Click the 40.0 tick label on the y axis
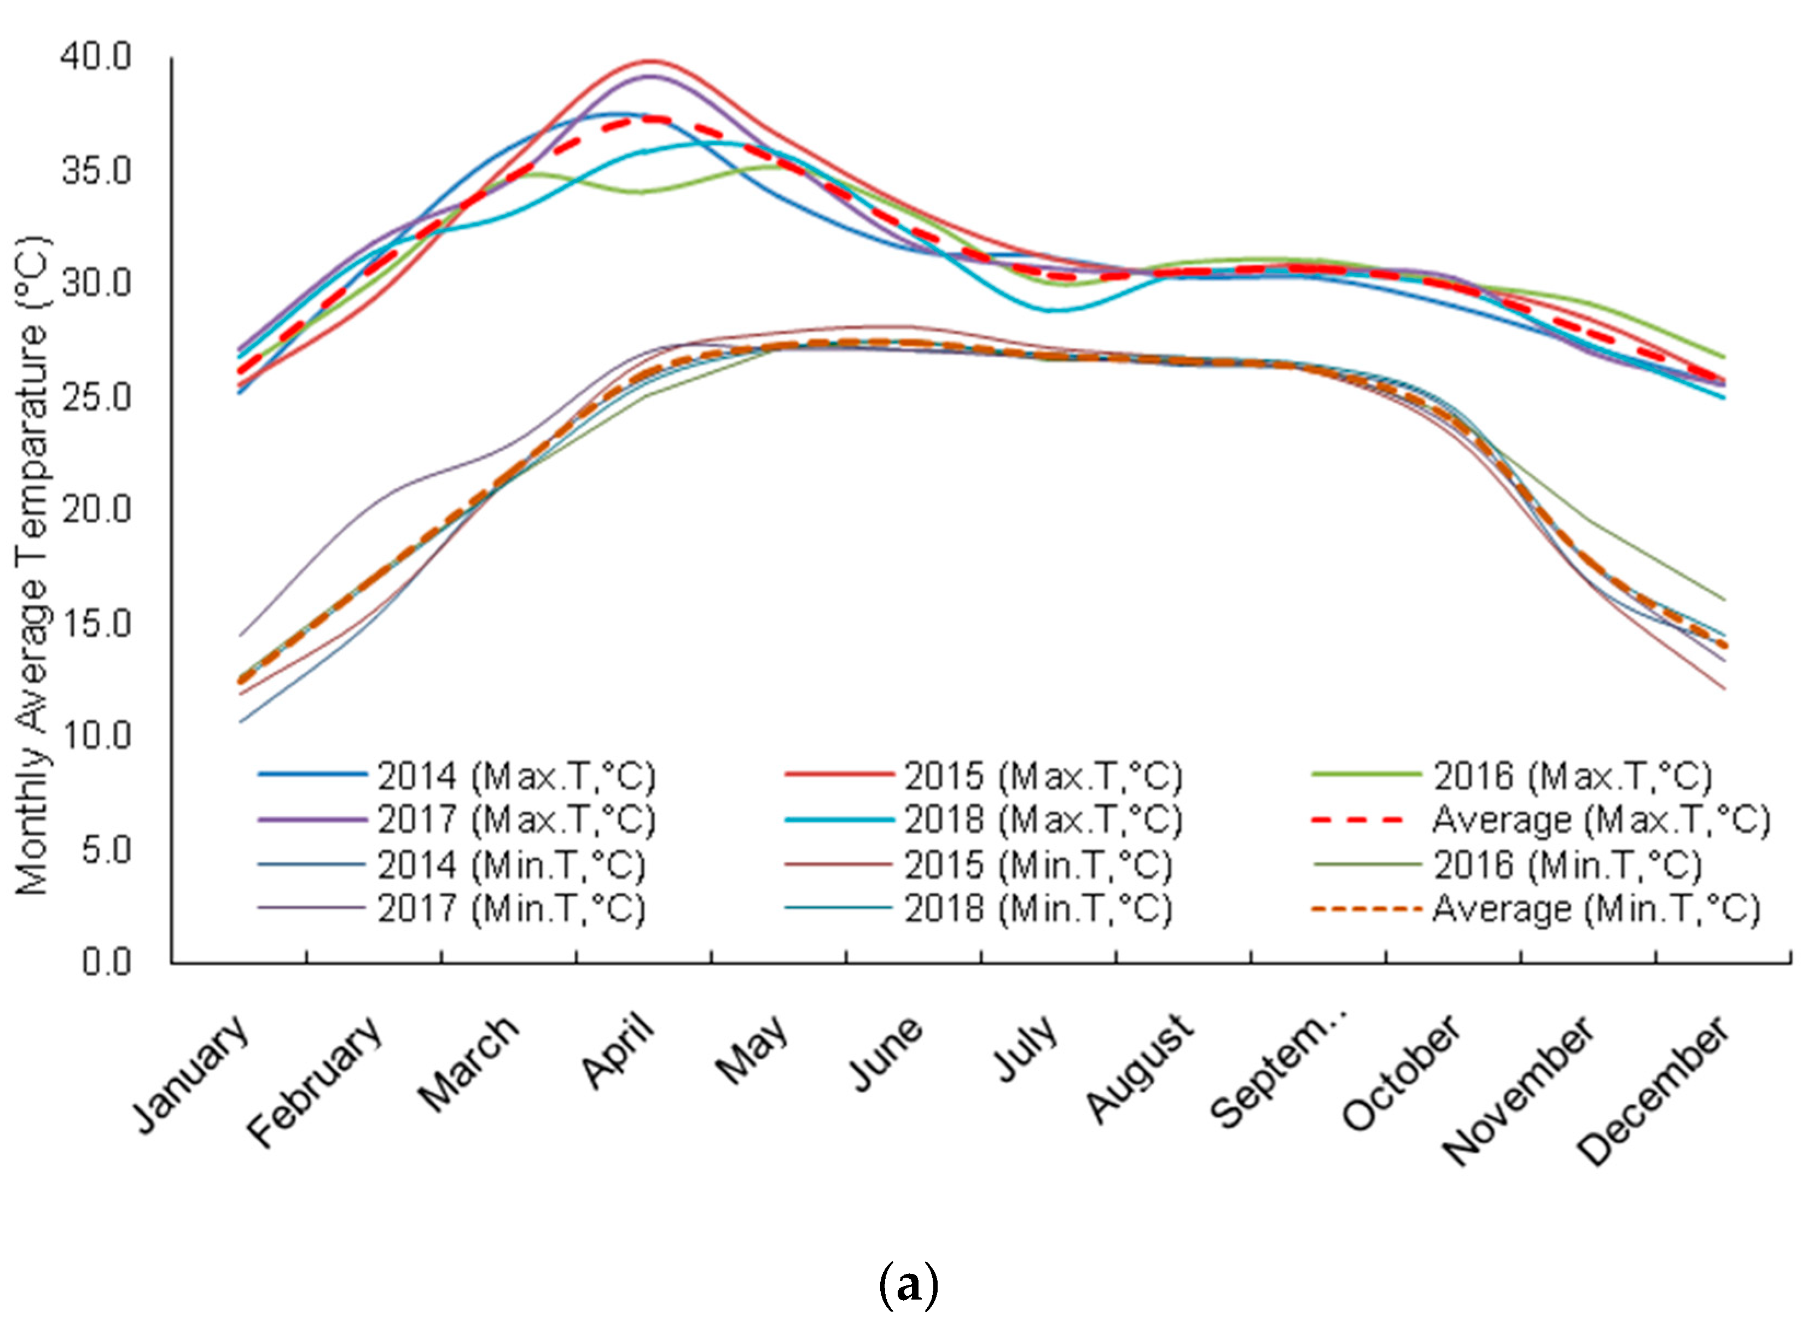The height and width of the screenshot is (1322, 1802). click(x=95, y=57)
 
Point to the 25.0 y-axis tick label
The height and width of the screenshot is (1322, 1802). click(x=95, y=397)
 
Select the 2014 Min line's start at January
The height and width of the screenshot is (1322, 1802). click(x=241, y=721)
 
